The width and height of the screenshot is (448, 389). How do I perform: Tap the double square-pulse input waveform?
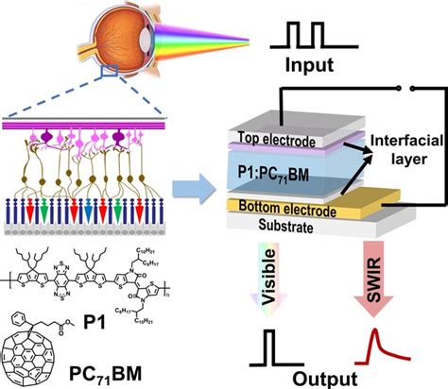click(x=305, y=35)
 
